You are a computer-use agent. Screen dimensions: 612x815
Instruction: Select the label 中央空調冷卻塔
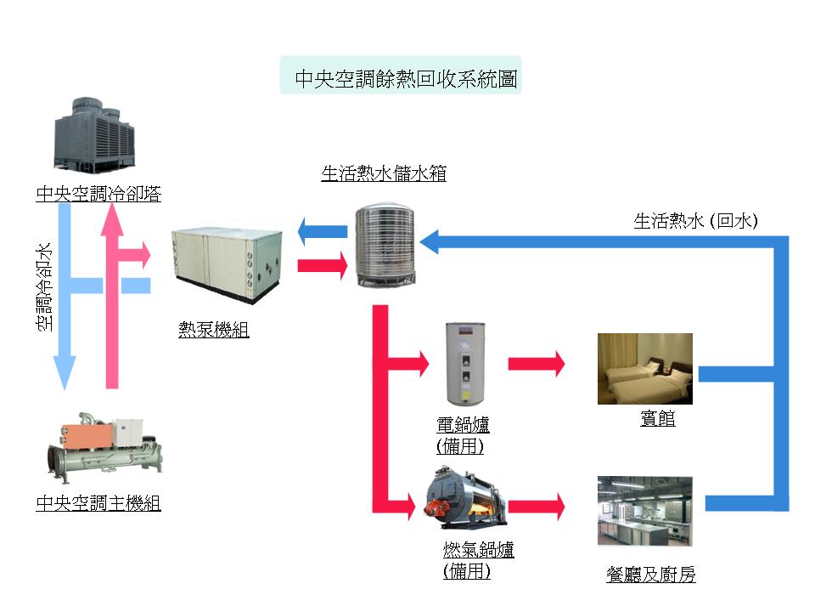coord(98,195)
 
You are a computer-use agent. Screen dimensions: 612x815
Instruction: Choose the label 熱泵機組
coord(214,331)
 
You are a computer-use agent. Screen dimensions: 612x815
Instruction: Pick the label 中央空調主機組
coord(98,503)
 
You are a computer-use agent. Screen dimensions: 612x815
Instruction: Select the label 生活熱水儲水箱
coord(384,174)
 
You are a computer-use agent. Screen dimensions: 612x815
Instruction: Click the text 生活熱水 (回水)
coord(696,222)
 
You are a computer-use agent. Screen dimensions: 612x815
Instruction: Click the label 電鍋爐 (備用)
coord(463,434)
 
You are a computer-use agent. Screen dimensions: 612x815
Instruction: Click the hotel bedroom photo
coord(645,368)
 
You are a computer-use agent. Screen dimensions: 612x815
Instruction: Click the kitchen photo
coord(645,511)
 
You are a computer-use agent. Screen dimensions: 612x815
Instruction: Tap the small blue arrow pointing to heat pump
coord(323,231)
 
